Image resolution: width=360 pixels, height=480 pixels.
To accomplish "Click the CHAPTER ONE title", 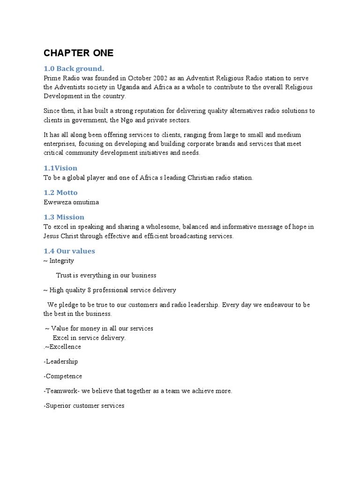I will click(78, 53).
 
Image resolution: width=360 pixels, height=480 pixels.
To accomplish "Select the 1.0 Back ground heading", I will click(74, 68).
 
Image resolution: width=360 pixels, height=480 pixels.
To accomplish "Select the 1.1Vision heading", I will click(60, 168).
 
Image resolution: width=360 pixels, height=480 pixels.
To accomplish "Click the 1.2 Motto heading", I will click(60, 192).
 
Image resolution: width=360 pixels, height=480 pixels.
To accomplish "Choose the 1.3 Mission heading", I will click(64, 217).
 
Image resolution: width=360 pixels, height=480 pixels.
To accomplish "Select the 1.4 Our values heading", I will click(69, 251).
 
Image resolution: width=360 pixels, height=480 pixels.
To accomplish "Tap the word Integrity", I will click(61, 261).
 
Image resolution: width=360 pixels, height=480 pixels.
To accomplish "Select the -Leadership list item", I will click(61, 361).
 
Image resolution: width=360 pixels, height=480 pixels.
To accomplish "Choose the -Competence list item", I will click(63, 376).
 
